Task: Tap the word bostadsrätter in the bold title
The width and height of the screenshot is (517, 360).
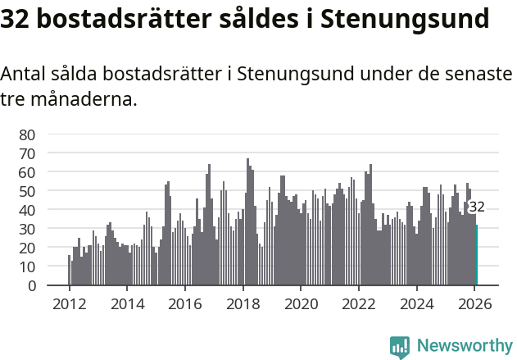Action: pos(119,18)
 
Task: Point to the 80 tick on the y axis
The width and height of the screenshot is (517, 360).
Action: pos(28,134)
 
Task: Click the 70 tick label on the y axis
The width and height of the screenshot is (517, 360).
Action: pos(28,153)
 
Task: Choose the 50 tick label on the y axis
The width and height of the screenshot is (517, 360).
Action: pos(28,191)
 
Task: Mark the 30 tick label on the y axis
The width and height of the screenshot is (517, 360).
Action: pos(28,229)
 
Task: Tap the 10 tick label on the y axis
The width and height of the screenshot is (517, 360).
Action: pos(28,267)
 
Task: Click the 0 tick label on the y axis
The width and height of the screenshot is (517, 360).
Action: pos(32,285)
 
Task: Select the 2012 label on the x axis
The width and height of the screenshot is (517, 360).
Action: pos(69,304)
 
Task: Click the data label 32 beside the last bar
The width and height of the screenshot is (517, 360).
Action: pos(476,207)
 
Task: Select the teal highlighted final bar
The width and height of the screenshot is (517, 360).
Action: pos(476,255)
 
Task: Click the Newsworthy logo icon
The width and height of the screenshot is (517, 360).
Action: pos(399,346)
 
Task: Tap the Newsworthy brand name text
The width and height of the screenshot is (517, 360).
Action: pos(464,346)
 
